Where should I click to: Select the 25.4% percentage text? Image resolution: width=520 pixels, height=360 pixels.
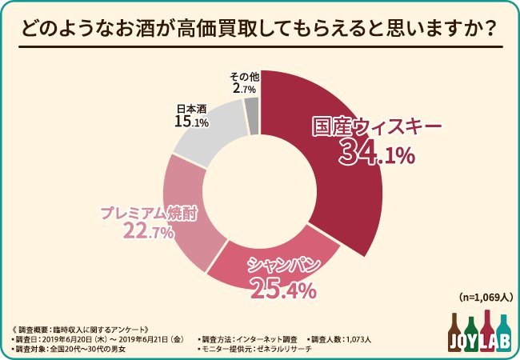[282, 289]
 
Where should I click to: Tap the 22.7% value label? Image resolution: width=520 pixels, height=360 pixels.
[149, 232]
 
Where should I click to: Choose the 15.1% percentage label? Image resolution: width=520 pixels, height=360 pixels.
[190, 122]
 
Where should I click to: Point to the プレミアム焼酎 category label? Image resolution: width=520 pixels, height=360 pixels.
[148, 214]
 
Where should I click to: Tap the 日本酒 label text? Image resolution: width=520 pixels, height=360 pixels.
[190, 109]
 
